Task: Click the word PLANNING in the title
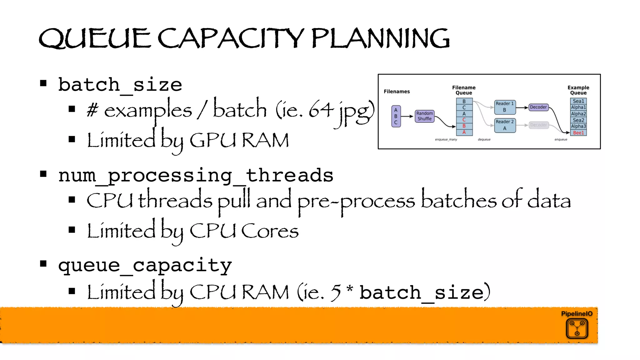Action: [380, 39]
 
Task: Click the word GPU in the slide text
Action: [213, 140]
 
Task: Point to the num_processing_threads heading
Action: [196, 175]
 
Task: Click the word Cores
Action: [270, 231]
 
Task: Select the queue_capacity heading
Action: [145, 265]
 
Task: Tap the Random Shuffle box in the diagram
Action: [424, 116]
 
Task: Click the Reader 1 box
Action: [504, 107]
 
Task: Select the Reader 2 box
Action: [504, 125]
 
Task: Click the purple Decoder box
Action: [538, 107]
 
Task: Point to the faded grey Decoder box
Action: [538, 125]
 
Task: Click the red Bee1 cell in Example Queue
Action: [578, 133]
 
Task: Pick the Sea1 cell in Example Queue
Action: [578, 101]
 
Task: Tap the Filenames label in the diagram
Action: [397, 92]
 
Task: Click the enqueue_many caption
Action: [446, 139]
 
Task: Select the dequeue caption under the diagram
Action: [484, 139]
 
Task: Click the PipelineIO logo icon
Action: [577, 328]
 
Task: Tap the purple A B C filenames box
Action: [396, 116]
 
